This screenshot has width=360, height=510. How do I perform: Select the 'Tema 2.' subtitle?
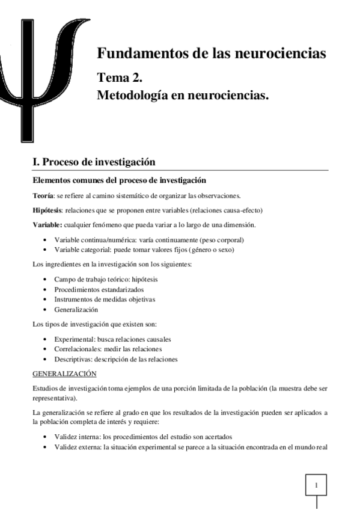coord(120,78)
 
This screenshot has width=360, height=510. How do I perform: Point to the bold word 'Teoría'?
coord(43,196)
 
